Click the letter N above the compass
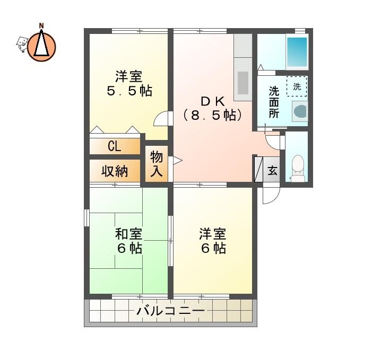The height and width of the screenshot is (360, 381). tap(41, 25)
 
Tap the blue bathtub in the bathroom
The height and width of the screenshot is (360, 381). tap(297, 52)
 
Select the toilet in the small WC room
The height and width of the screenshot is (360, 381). tap(297, 168)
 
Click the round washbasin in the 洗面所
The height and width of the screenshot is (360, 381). tap(300, 111)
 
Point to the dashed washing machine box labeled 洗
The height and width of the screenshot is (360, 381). tap(297, 86)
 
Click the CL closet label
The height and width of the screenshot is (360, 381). tap(115, 146)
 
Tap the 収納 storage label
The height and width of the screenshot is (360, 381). tap(115, 171)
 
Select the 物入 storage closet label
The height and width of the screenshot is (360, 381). tap(156, 164)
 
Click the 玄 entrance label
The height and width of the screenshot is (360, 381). tap(272, 171)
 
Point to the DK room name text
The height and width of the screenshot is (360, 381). tap(213, 101)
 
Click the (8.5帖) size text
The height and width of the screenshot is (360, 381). tap(213, 115)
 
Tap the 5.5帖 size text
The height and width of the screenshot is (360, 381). tap(129, 91)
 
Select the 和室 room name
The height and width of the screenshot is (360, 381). tap(128, 233)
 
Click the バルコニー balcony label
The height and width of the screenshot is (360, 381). tap(171, 311)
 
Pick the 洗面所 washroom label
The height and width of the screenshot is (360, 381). tap(274, 102)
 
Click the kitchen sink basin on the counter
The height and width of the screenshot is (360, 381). tap(243, 83)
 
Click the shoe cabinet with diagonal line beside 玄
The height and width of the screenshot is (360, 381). tap(258, 170)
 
